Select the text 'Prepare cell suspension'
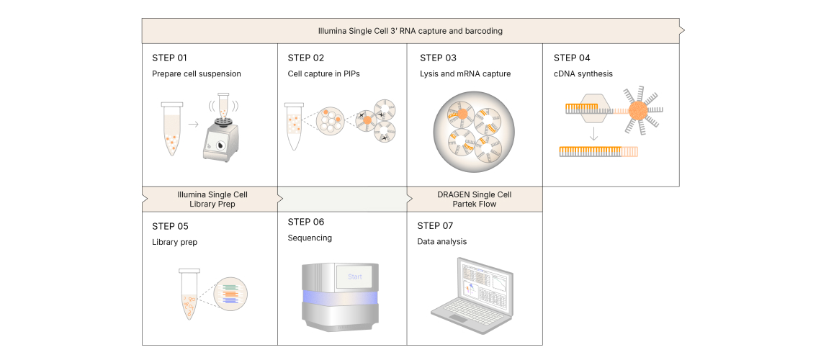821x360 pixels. [x=196, y=73]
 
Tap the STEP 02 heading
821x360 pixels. [x=306, y=58]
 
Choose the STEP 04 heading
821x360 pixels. [x=572, y=58]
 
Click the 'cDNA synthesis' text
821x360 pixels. [x=583, y=73]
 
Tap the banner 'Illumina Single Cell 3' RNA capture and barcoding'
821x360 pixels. [x=410, y=32]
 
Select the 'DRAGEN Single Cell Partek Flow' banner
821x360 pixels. [x=474, y=199]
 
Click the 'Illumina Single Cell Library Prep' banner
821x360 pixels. [x=212, y=199]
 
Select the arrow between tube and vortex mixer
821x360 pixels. [x=193, y=124]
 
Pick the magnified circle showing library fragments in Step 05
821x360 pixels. [x=231, y=294]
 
